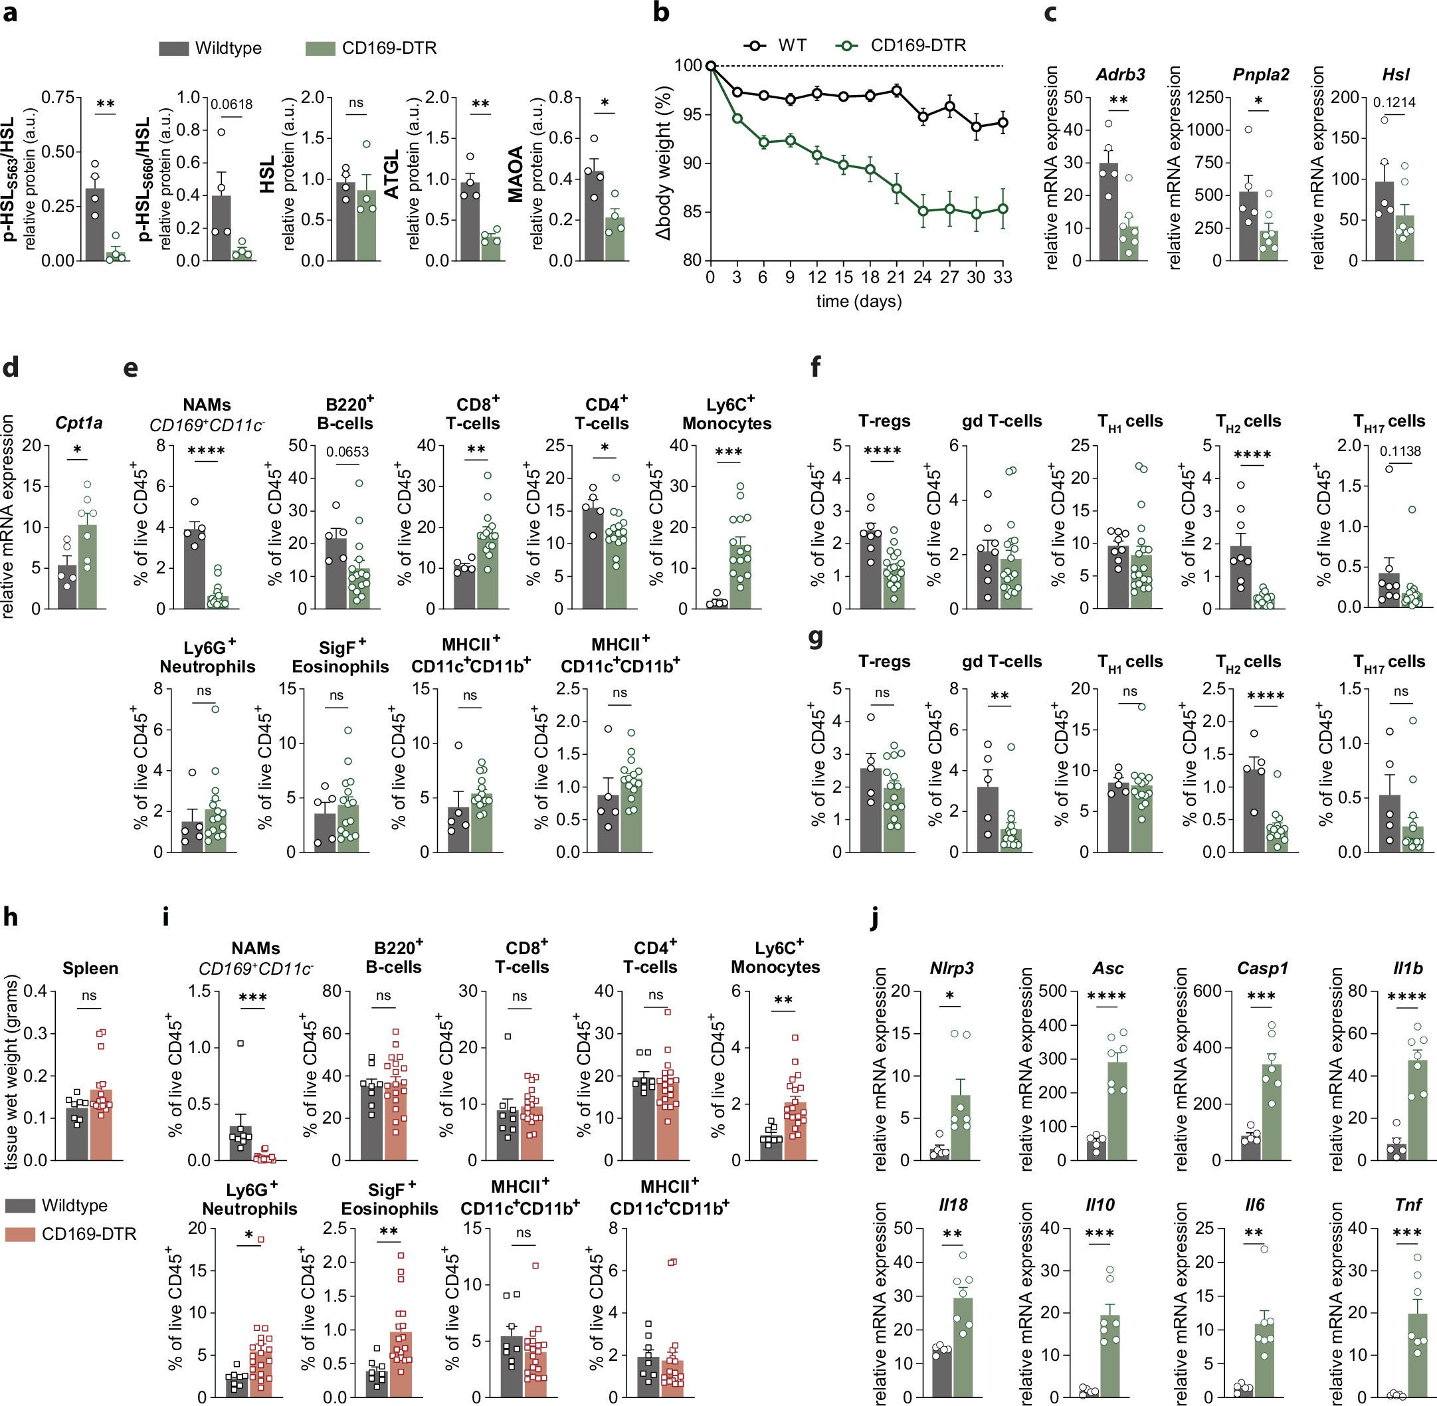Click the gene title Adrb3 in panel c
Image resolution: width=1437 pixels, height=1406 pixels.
coord(1119,74)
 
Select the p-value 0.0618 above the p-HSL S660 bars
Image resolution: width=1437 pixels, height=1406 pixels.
coord(231,105)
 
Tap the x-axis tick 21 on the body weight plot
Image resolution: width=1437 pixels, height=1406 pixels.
coord(895,278)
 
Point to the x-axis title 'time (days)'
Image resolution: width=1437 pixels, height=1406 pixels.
coord(859,301)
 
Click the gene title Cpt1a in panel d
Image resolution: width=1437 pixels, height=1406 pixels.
coord(78,423)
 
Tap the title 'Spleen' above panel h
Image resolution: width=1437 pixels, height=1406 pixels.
coord(90,968)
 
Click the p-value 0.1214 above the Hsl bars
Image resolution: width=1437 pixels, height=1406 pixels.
coord(1394,102)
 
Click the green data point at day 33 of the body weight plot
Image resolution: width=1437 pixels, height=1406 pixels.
coord(1002,209)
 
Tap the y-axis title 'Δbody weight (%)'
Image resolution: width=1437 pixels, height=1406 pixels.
coord(663,162)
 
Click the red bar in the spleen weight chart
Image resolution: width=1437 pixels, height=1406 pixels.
coord(101,1126)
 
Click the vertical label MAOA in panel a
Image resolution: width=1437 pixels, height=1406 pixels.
coord(516,174)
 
